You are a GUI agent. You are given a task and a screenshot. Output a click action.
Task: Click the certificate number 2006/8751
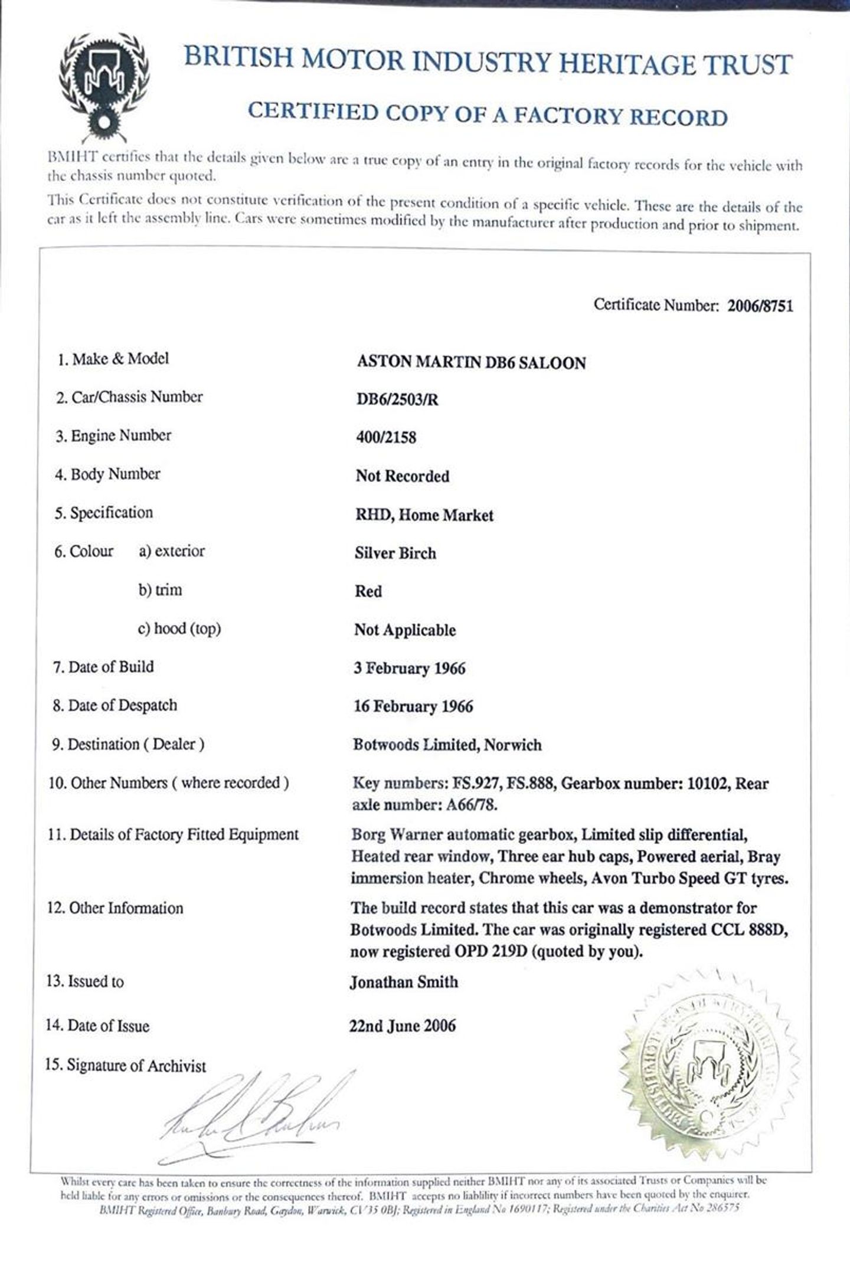[x=760, y=306]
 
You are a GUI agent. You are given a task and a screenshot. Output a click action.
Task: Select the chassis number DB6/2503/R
[x=397, y=400]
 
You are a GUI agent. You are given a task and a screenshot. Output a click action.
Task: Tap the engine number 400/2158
[x=386, y=438]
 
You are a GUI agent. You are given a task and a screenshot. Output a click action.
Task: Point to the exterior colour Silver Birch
[x=395, y=554]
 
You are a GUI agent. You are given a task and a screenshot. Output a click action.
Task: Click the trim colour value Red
[x=368, y=591]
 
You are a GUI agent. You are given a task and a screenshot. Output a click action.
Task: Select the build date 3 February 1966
[x=410, y=669]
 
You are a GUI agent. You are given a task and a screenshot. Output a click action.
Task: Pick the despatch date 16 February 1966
[x=413, y=707]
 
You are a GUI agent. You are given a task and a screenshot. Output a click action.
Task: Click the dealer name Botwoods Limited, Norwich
[x=447, y=745]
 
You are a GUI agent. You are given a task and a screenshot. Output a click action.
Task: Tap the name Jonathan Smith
[x=404, y=982]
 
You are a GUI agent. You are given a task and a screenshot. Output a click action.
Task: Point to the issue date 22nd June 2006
[x=403, y=1026]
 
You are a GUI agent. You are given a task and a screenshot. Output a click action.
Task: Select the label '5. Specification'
[x=104, y=513]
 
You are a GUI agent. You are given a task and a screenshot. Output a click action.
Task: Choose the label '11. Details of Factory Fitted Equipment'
[x=174, y=834]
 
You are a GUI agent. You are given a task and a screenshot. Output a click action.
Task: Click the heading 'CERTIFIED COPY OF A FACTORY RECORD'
[x=487, y=114]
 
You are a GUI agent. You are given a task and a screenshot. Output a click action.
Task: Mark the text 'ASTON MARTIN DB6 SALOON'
[x=471, y=362]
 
